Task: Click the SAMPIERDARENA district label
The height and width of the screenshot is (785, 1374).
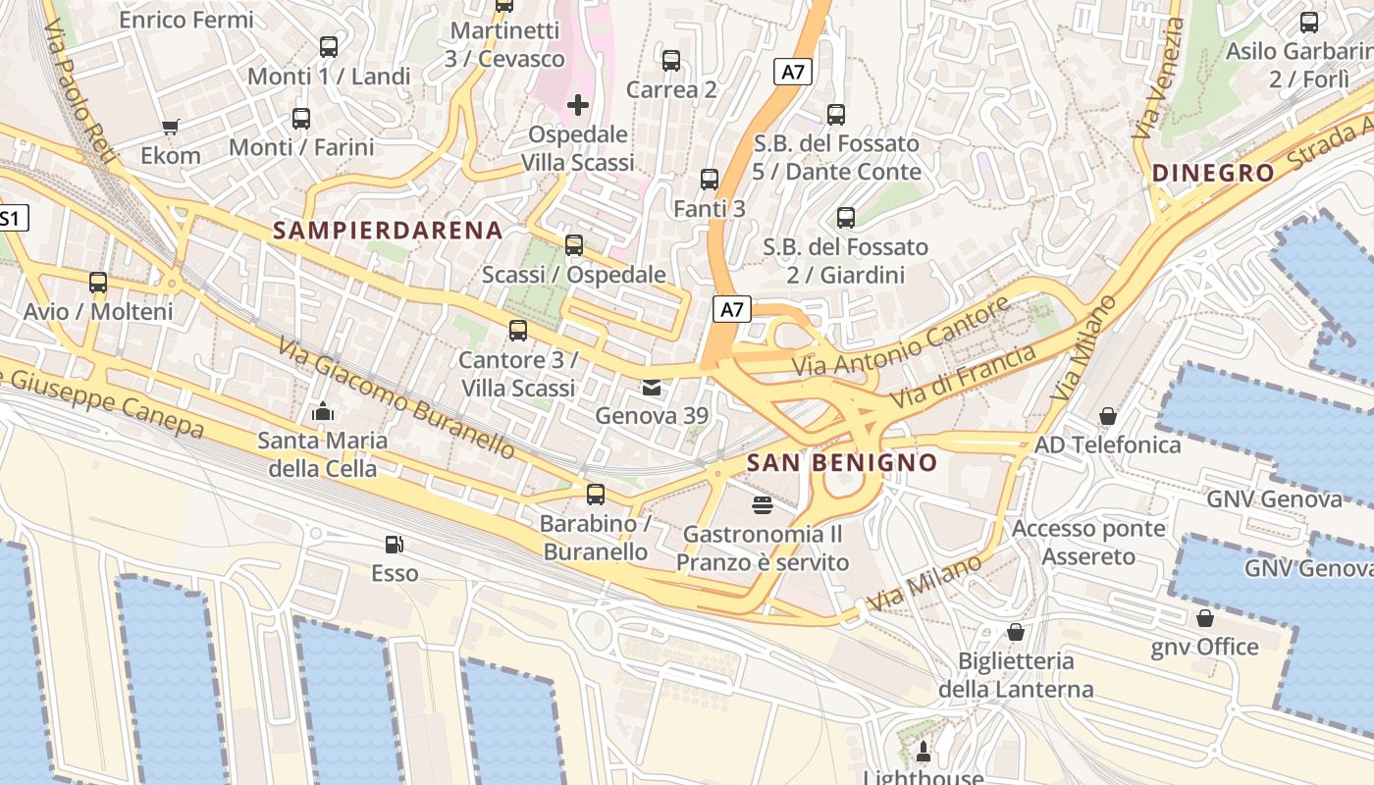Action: click(x=388, y=231)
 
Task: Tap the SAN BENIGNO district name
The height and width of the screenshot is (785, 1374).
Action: click(x=842, y=462)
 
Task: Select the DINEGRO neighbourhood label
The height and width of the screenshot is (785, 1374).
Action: click(x=1213, y=174)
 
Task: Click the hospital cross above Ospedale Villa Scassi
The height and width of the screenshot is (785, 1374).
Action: click(x=578, y=104)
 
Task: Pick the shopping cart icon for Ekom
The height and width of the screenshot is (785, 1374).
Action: click(x=171, y=127)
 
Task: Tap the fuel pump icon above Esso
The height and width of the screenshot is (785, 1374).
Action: click(x=395, y=544)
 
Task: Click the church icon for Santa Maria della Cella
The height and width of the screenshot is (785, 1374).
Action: click(x=323, y=411)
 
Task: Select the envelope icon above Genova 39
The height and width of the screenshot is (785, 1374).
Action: click(x=652, y=388)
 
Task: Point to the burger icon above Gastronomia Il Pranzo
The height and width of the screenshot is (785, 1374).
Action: click(x=762, y=505)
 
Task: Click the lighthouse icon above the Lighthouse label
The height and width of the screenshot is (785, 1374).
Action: click(x=923, y=753)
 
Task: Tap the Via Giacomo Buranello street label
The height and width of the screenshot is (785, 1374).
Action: click(x=396, y=397)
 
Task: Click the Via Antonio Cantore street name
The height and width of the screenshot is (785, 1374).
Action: click(x=901, y=339)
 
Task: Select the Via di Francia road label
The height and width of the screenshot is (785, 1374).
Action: click(x=963, y=377)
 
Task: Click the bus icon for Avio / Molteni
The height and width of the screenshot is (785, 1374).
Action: click(x=98, y=283)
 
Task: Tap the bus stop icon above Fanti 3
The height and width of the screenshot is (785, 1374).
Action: click(x=710, y=180)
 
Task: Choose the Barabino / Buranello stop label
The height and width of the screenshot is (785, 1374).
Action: click(x=596, y=538)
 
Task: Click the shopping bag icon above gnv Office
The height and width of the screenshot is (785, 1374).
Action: click(x=1205, y=618)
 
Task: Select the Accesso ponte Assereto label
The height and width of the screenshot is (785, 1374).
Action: click(x=1088, y=543)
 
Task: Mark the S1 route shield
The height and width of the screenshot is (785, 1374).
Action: click(x=10, y=218)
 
